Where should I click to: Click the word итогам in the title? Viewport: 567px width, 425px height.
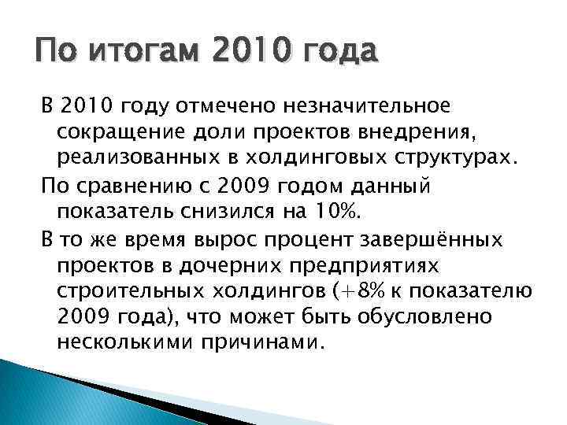(132, 55)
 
